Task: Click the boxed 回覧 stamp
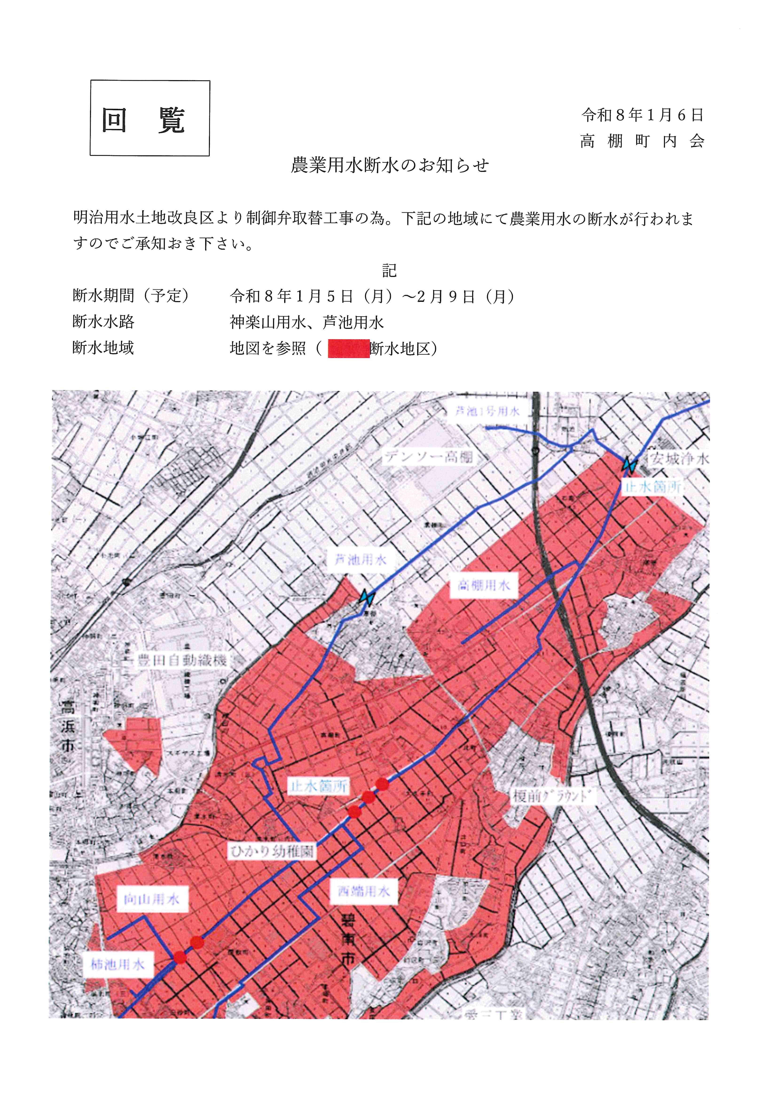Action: tap(150, 118)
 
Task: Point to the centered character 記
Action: tap(389, 271)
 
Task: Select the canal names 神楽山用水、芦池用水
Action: tap(306, 322)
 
